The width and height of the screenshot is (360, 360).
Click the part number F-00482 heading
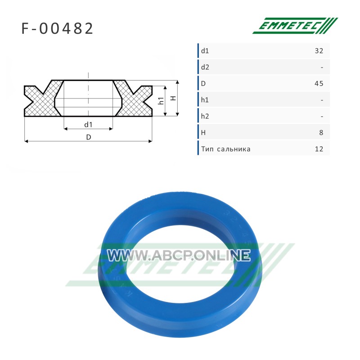pyautogui.click(x=57, y=28)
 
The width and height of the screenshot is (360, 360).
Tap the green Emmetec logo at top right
pyautogui.click(x=295, y=26)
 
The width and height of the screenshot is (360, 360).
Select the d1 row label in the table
pyautogui.click(x=205, y=51)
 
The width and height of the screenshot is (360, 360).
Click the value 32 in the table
pyautogui.click(x=319, y=51)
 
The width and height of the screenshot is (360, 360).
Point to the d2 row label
pyautogui.click(x=205, y=67)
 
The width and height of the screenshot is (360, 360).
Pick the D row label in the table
pyautogui.click(x=203, y=84)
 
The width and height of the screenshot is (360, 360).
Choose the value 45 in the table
pyautogui.click(x=319, y=84)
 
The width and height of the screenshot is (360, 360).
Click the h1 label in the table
pyautogui.click(x=205, y=100)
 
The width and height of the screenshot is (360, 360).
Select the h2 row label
pyautogui.click(x=205, y=116)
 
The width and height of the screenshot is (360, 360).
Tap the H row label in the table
pyautogui.click(x=203, y=133)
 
